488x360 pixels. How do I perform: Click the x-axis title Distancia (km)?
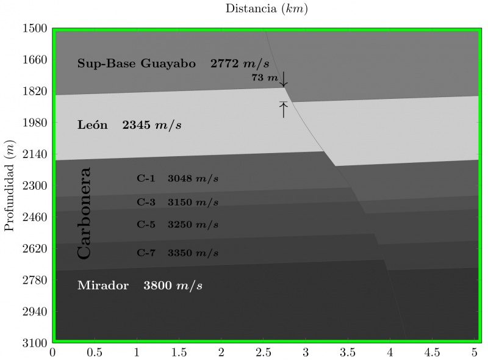pos(266,9)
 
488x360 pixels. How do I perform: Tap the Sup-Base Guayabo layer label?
pos(136,63)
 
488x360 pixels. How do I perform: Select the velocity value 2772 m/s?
pos(239,63)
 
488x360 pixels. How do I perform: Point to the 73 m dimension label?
pos(264,78)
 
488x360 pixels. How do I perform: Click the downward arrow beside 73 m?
pos(284,81)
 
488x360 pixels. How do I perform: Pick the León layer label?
pos(92,126)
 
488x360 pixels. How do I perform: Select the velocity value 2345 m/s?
pos(152,126)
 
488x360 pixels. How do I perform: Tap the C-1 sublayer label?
pos(146,179)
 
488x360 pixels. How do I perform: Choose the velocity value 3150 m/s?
pos(193,202)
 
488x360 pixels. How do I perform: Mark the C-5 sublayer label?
pos(146,224)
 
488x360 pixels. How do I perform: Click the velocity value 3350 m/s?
pos(193,253)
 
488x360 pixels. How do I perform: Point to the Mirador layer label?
pos(103,286)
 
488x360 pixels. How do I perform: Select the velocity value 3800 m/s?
pos(173,286)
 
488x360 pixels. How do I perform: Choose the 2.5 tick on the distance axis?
pos(264,352)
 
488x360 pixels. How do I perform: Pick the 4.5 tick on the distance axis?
pos(432,352)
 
